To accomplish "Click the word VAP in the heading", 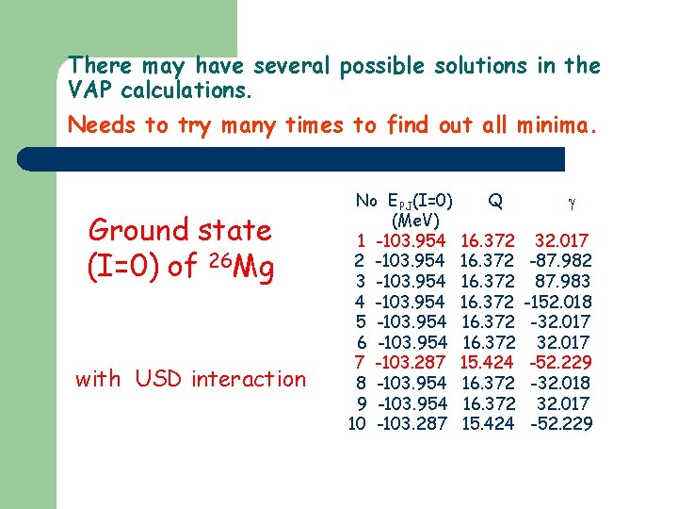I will point(92,90).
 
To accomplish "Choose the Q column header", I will point(495,200).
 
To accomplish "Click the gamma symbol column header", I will point(571,201).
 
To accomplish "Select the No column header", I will point(366,200).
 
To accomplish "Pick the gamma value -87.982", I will point(561,259).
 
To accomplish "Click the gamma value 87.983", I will point(563,281).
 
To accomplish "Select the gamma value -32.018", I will point(561,383).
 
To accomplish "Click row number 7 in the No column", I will point(360,362).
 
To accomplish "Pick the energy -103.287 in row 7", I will point(411,362).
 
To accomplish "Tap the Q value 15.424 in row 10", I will point(488,423).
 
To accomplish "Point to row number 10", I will point(357,423).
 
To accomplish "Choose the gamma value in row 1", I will point(563,239).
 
